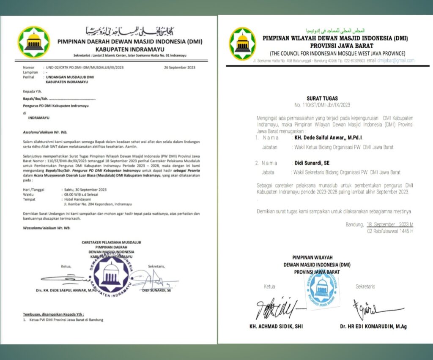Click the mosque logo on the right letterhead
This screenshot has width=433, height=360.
click(x=242, y=44)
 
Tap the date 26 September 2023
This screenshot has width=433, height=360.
click(x=179, y=67)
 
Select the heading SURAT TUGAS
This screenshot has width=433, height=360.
click(x=324, y=98)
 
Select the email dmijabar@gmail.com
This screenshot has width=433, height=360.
click(x=397, y=61)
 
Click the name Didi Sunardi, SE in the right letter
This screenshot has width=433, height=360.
click(x=310, y=163)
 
